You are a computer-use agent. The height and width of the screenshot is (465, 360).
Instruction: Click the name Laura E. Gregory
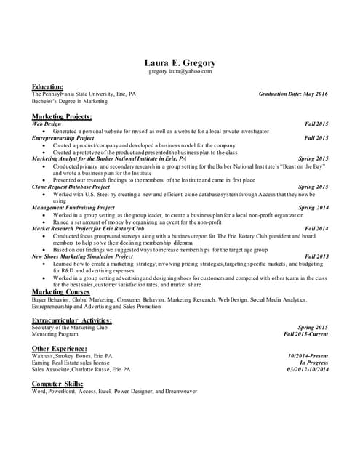coord(180,62)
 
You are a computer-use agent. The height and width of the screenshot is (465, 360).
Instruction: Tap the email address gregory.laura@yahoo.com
coord(180,72)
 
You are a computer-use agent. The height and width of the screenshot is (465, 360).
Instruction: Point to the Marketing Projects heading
coord(62,116)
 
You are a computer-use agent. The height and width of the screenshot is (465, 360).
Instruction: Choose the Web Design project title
coord(47,124)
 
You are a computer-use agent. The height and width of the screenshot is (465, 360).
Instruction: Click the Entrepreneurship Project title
coord(63,137)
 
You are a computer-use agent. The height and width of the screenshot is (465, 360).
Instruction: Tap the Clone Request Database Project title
coord(71,187)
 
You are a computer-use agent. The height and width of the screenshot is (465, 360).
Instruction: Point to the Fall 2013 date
coord(316,256)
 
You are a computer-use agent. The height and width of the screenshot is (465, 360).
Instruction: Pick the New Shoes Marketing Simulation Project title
coord(84,256)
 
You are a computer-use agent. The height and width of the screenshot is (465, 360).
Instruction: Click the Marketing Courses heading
coord(60,291)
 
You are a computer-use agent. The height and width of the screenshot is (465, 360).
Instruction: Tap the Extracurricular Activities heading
coord(72,320)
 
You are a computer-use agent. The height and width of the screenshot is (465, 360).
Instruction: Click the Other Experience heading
coord(59,349)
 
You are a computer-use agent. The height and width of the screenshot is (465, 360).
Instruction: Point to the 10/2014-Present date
coord(308,356)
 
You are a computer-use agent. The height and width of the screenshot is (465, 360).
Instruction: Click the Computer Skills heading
coord(57,384)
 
